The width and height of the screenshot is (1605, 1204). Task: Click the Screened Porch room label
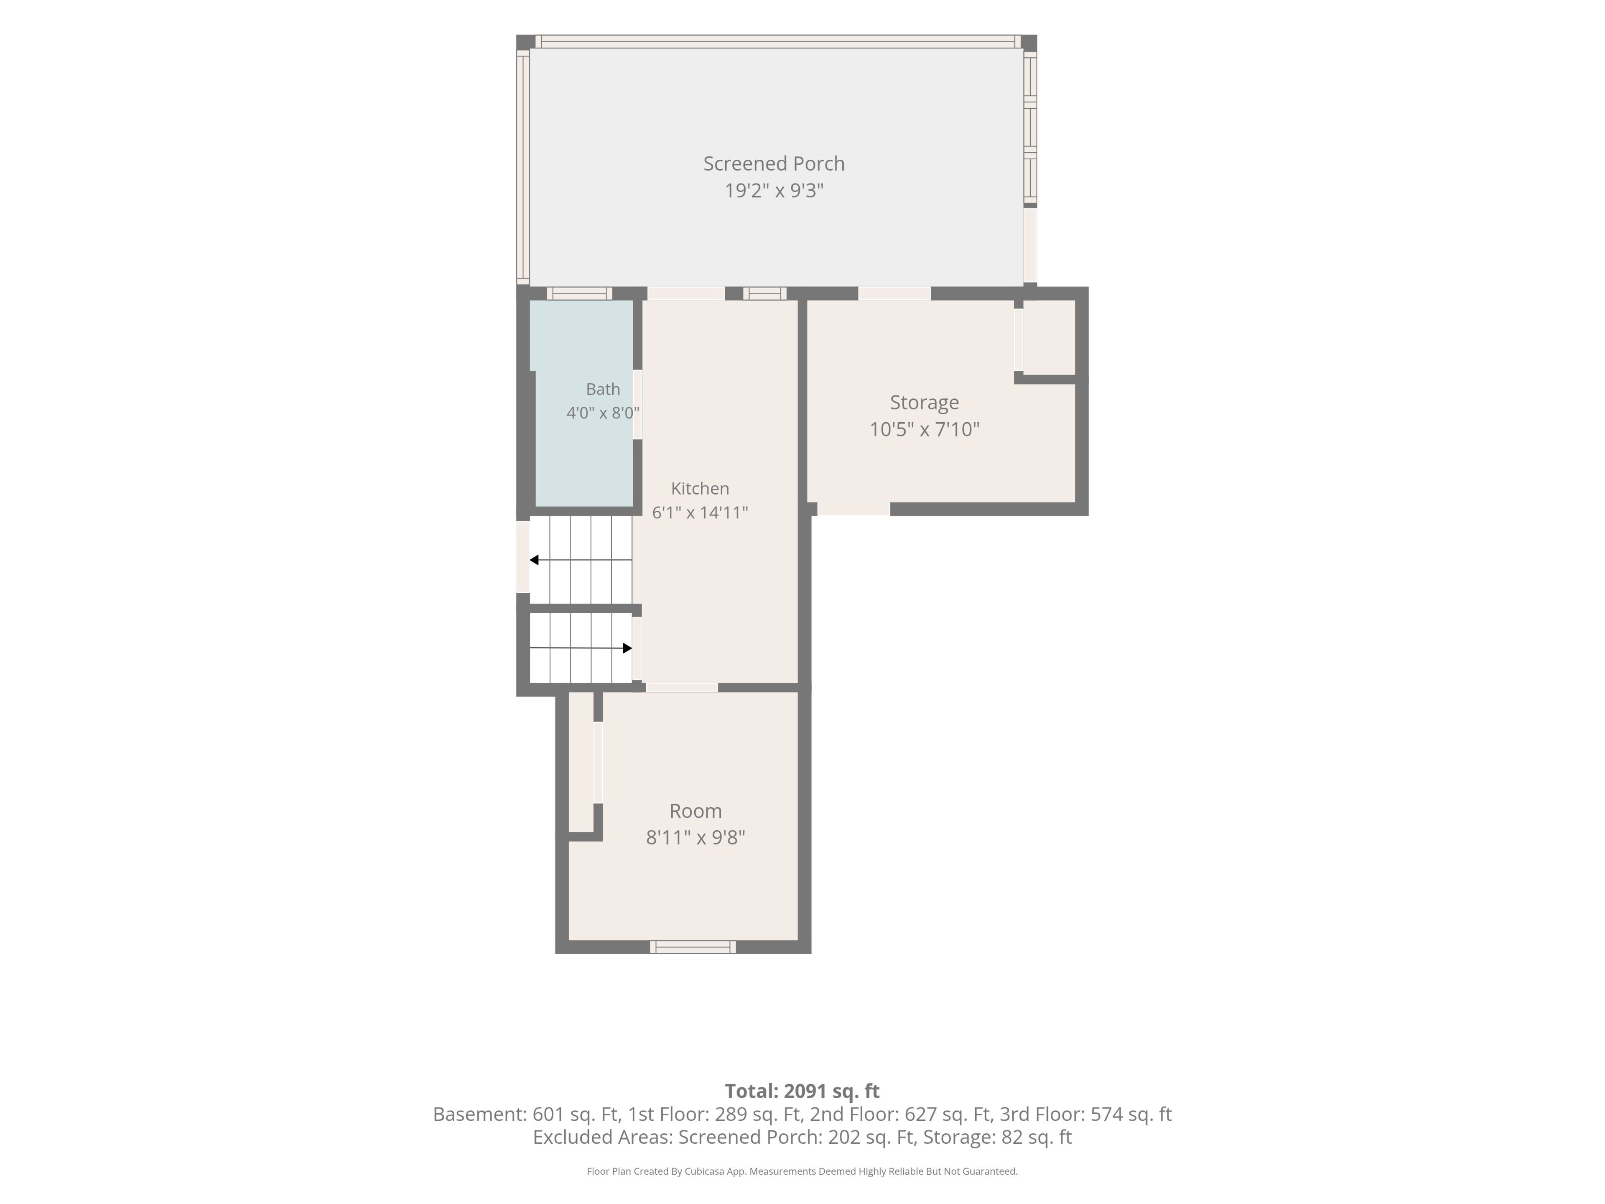[x=774, y=164]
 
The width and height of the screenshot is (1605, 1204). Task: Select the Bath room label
[x=603, y=389]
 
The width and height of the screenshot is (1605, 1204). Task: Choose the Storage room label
[x=925, y=403]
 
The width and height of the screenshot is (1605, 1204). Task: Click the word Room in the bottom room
[x=695, y=811]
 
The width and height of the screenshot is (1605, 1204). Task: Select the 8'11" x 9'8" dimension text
[x=695, y=837]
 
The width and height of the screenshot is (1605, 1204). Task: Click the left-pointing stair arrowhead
[x=534, y=559]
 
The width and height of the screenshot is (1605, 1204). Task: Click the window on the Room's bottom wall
[x=693, y=947]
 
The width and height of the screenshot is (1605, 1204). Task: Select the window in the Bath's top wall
[x=579, y=293]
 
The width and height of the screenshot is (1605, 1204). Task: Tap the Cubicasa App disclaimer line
[x=802, y=1171]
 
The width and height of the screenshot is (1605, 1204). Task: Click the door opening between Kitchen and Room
[x=682, y=687]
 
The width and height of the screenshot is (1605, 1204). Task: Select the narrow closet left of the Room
[x=581, y=762]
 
